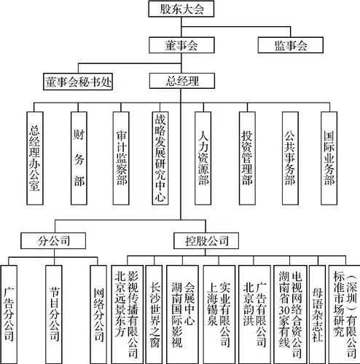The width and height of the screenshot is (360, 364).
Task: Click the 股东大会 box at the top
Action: pos(180,9)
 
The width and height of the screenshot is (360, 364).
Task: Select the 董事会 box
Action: pos(180,45)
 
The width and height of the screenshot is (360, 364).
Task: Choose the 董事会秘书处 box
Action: pos(78,81)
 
